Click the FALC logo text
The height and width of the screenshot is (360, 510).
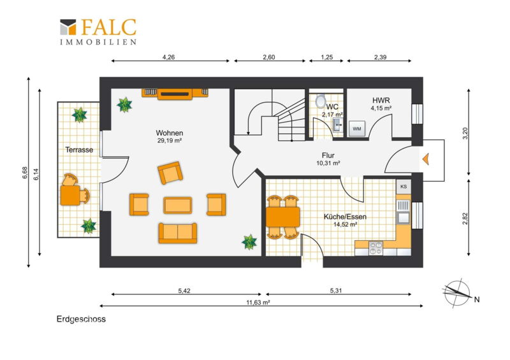[x=108, y=27]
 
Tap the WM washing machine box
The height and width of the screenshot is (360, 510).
[x=357, y=129]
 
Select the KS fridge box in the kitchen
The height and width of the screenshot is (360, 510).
[x=404, y=187]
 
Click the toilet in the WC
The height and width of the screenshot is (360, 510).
[x=321, y=101]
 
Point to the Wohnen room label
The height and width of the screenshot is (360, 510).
[x=170, y=133]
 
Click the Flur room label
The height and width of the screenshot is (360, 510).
[x=328, y=155]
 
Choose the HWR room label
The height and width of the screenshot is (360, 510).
[x=381, y=100]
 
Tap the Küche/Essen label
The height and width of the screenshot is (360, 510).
[x=345, y=217]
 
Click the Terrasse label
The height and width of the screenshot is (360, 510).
[x=79, y=150]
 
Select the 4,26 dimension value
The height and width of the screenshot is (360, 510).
[x=169, y=57]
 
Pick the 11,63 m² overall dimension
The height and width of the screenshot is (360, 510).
[x=258, y=303]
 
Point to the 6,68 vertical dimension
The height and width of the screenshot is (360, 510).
[x=25, y=173]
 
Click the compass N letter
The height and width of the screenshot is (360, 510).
[x=477, y=299]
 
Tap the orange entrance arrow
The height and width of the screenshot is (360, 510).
[x=426, y=159]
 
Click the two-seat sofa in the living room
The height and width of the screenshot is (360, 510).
[x=178, y=233]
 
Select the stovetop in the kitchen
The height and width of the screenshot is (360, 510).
[x=375, y=248]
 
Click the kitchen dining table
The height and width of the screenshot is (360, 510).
[x=282, y=217]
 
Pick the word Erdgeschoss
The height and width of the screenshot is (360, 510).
[x=81, y=319]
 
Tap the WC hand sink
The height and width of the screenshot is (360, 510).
[x=338, y=124]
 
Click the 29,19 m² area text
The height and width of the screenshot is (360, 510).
[x=169, y=140]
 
